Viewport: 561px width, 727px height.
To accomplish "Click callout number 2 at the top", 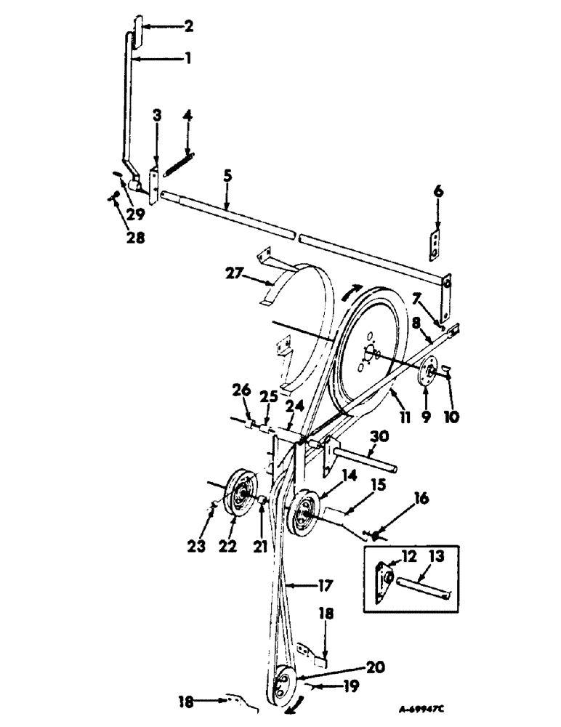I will pos(188,27).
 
